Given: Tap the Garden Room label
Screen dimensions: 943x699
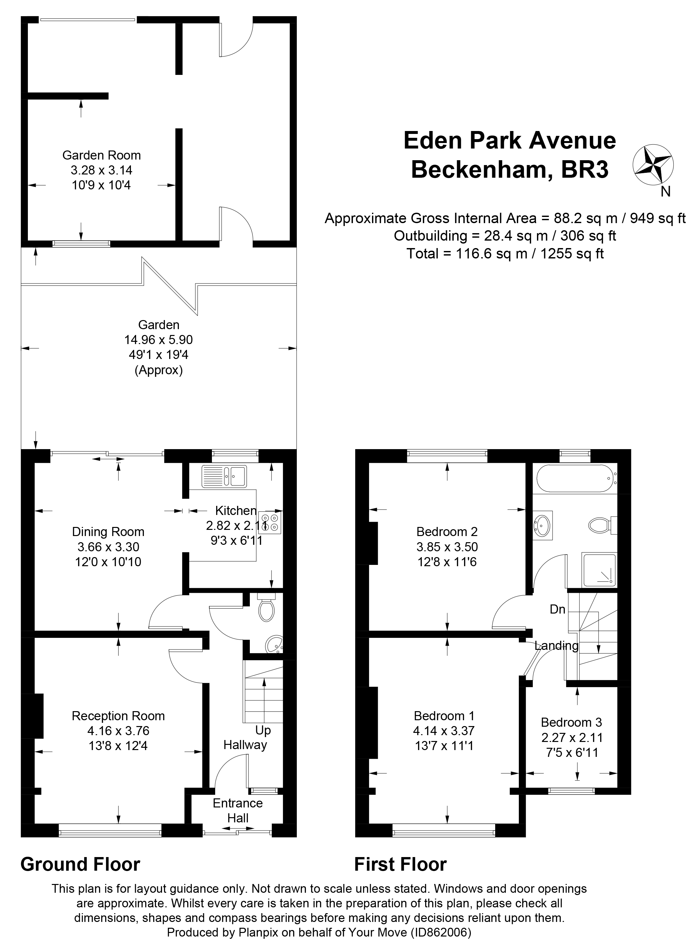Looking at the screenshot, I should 101,155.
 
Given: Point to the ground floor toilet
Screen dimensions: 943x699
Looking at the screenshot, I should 267,610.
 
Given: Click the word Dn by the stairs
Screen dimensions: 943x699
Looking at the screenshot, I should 557,609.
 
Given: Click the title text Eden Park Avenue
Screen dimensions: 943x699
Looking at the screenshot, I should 509,141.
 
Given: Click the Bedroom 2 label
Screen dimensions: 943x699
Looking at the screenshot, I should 447,531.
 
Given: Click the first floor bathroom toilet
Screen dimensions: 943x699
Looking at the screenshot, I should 600,525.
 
